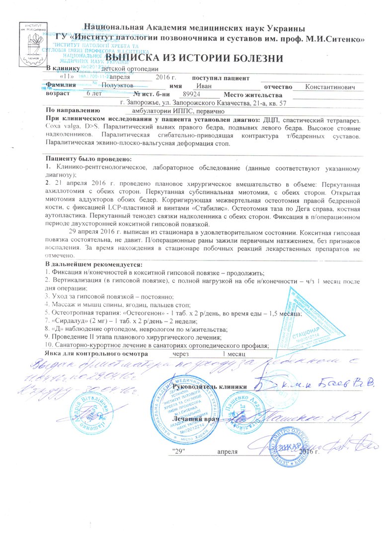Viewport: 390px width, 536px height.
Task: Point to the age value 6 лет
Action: (95, 94)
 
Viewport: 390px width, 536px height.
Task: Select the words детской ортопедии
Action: (130, 69)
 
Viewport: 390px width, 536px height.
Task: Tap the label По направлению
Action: (73, 110)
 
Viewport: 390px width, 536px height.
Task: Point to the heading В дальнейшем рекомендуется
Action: (93, 264)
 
